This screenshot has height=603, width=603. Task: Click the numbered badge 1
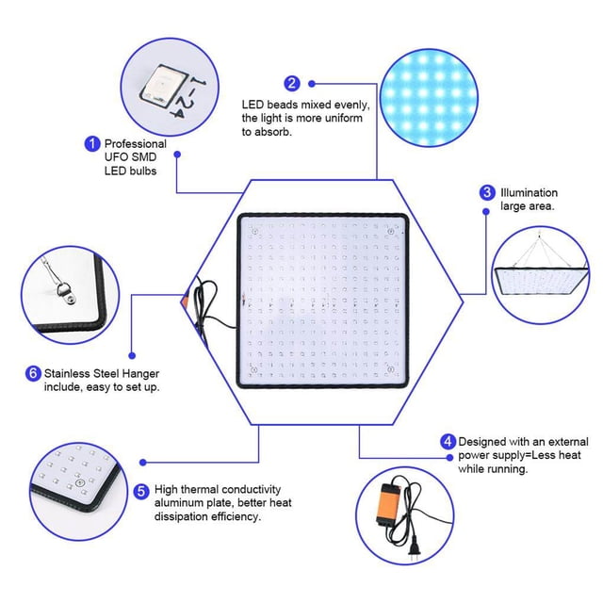pos(92,144)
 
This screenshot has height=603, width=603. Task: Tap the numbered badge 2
pos(292,84)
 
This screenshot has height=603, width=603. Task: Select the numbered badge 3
pos(487,192)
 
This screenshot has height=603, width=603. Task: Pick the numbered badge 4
pos(448,442)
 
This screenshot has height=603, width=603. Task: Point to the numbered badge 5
pos(141,492)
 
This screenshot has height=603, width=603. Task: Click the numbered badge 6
pos(33,373)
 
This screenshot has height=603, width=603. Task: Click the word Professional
pos(136,144)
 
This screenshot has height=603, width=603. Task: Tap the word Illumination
pos(529,192)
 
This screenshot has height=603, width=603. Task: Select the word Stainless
pos(67,373)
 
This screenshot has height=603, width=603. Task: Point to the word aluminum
pos(178,502)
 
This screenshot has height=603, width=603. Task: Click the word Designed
pos(481,442)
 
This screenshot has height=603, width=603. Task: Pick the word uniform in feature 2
pos(344,118)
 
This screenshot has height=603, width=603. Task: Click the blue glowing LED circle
pos(429,97)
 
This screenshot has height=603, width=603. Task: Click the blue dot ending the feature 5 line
pos(143,463)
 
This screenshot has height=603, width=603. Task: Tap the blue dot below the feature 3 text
pos(486,211)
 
